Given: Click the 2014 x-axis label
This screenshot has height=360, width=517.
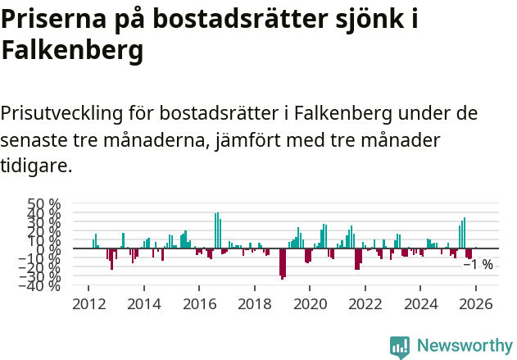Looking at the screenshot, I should point(144,303).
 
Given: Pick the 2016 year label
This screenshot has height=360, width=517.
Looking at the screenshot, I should point(199,303).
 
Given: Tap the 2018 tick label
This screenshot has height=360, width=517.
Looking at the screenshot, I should point(255,303).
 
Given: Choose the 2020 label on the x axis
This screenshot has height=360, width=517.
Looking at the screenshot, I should point(310,303).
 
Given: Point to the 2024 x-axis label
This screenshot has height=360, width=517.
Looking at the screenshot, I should point(420,303).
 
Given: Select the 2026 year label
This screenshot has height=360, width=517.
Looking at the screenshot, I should point(476,303).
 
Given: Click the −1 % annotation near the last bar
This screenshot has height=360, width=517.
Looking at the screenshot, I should point(478,265).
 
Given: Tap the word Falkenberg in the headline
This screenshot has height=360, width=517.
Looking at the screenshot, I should point(72,51).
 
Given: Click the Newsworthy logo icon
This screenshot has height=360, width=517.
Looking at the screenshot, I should point(400,346).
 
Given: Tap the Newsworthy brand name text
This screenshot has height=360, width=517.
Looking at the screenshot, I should point(464,346).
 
